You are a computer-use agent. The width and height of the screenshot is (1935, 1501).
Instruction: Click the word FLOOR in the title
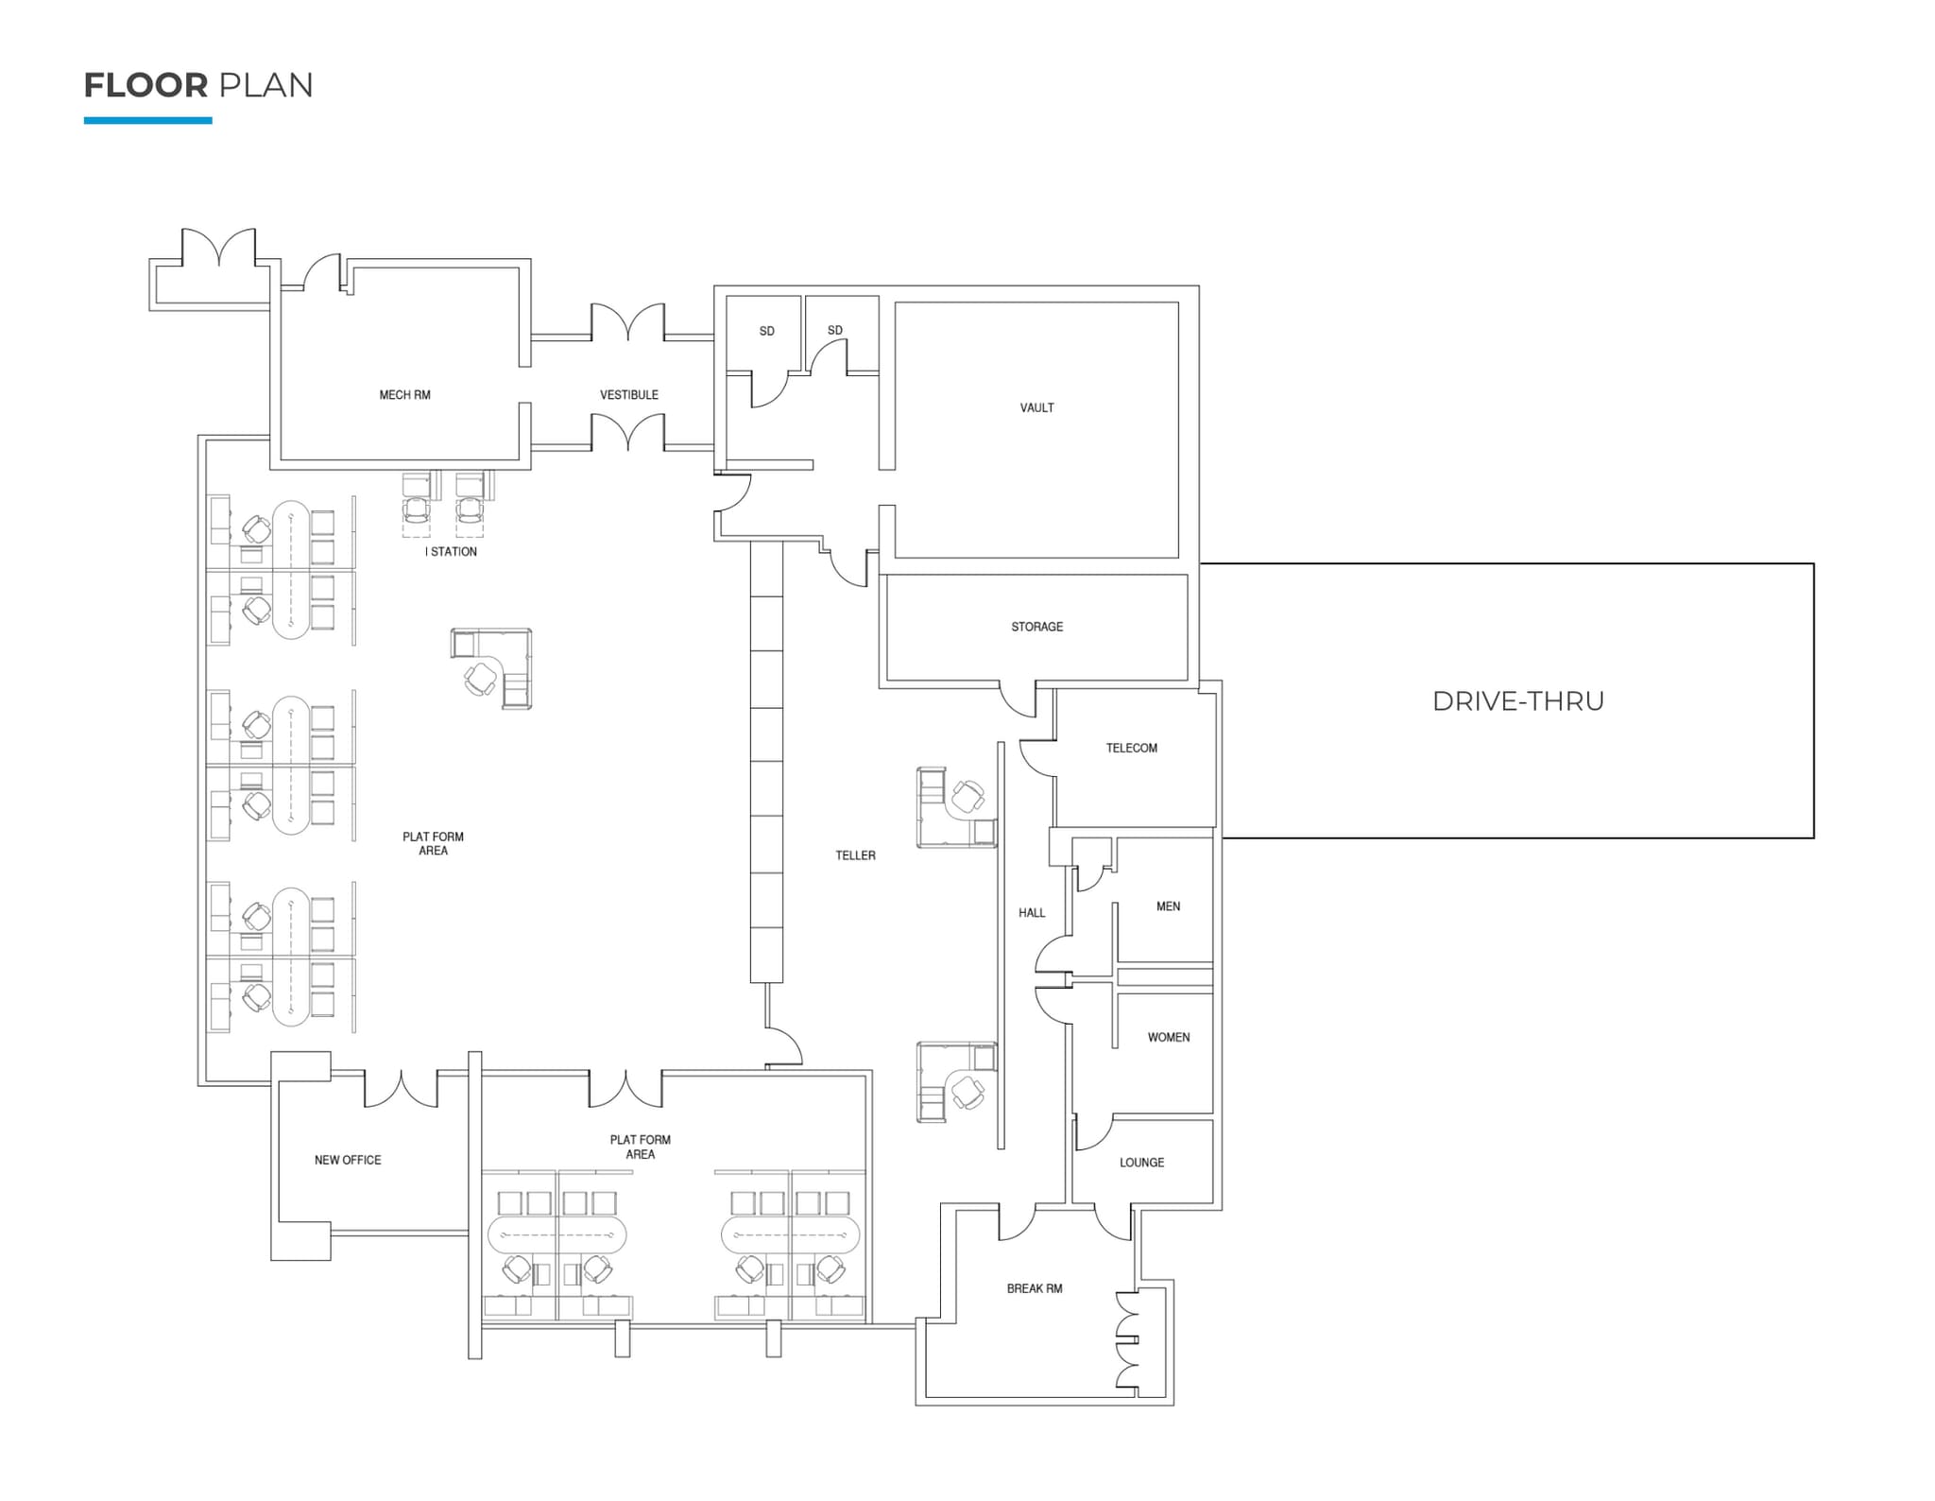point(146,85)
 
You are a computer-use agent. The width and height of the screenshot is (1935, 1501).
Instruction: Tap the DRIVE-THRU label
point(1517,700)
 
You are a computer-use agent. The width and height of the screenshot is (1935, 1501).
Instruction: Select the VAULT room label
point(1036,407)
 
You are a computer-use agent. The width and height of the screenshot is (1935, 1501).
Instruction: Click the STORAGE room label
point(1036,627)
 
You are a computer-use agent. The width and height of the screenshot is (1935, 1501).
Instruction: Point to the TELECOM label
point(1131,748)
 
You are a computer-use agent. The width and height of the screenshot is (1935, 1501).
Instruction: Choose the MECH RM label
point(404,395)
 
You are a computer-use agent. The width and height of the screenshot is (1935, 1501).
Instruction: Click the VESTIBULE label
point(628,395)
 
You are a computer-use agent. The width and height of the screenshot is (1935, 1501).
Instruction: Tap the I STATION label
point(451,552)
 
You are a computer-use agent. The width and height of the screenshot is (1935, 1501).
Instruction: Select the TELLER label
point(855,855)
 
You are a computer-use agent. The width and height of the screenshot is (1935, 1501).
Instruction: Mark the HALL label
point(1032,913)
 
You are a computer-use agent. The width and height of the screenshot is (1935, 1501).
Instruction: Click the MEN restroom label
point(1168,906)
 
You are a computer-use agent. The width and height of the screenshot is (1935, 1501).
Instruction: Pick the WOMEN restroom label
point(1168,1037)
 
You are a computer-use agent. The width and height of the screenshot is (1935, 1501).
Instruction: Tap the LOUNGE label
point(1141,1163)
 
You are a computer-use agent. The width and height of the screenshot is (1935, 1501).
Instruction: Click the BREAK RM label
point(1034,1288)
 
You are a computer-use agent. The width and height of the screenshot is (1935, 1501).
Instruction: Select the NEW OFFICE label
point(348,1160)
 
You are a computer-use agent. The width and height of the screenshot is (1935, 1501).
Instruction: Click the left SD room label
point(766,331)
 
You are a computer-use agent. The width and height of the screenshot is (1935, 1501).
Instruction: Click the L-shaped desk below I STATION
point(492,667)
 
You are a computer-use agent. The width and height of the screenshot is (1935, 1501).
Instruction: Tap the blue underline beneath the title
point(147,121)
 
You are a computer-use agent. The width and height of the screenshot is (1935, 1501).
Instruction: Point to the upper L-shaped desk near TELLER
point(955,807)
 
